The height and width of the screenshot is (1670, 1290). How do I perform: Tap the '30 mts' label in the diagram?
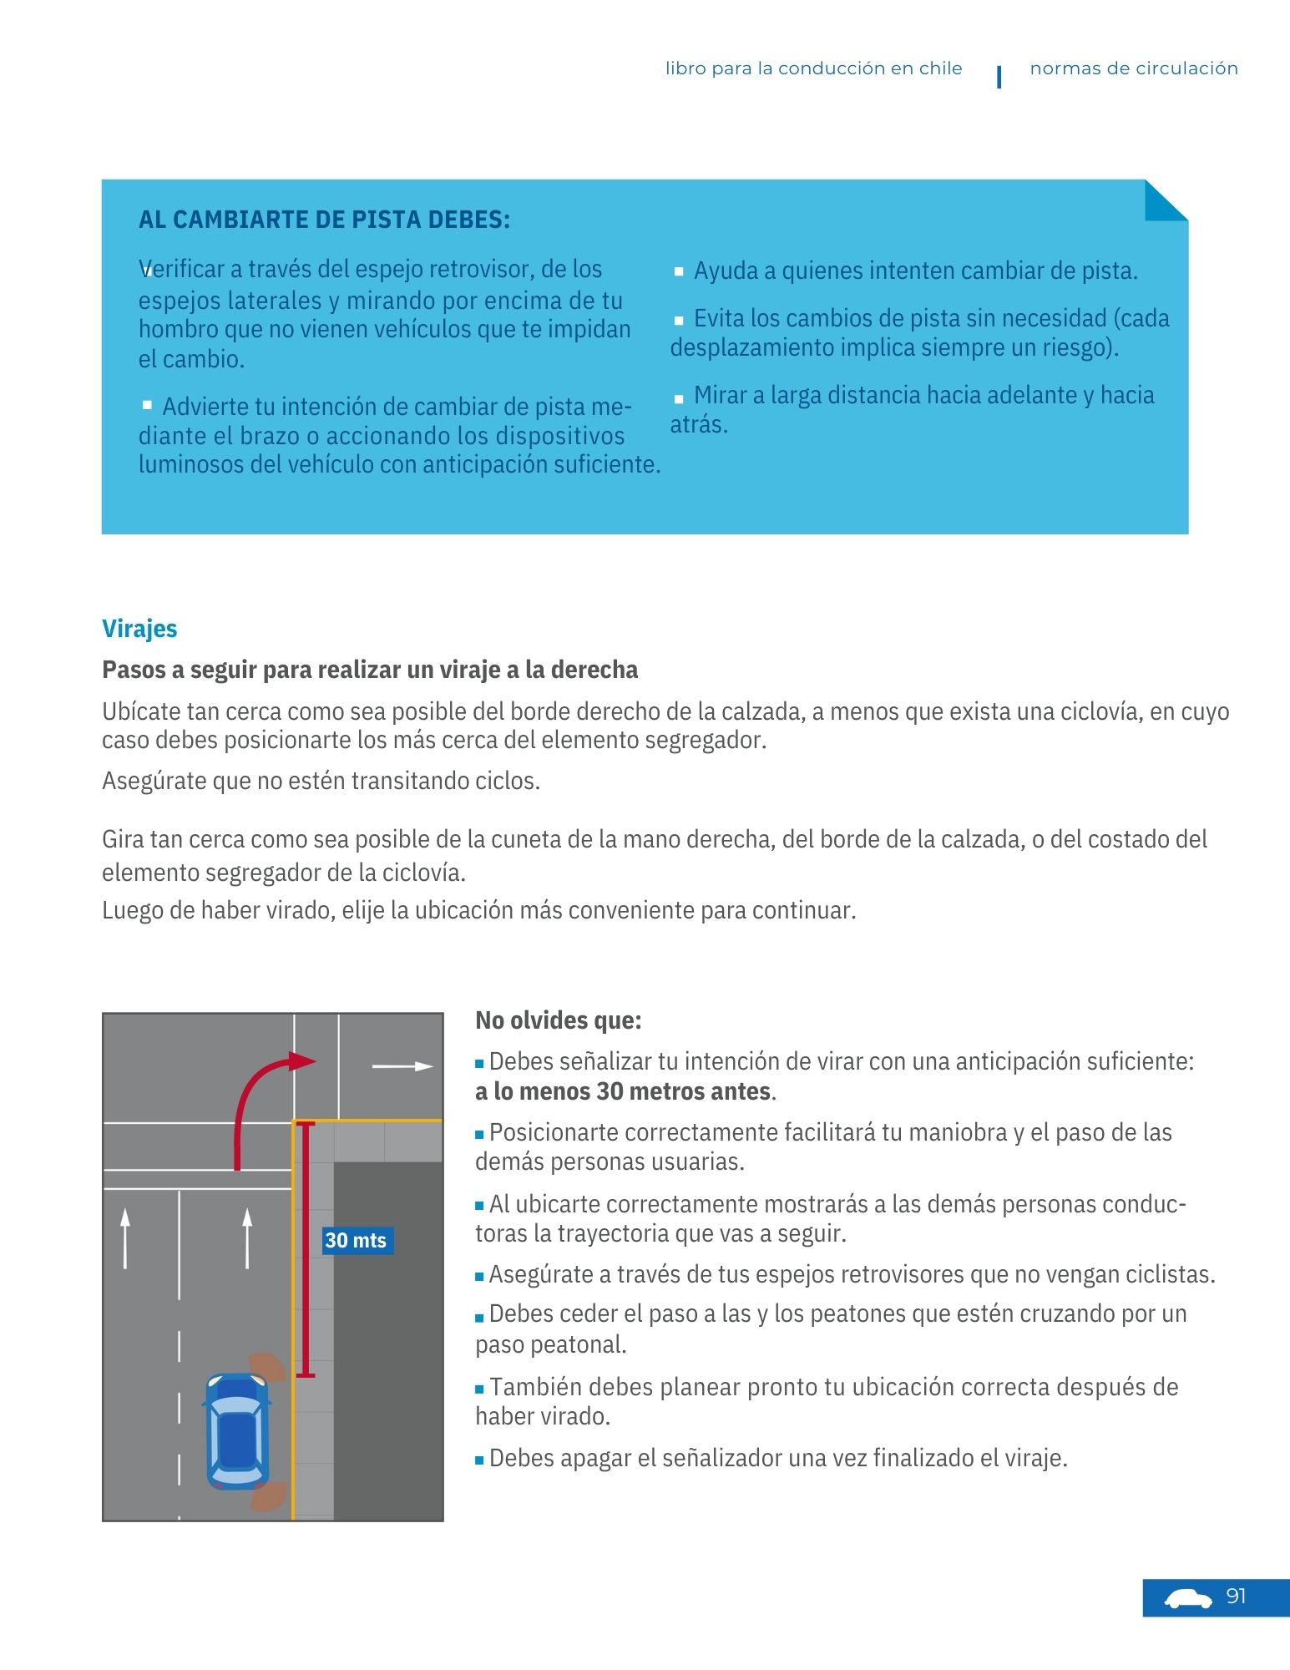[356, 1240]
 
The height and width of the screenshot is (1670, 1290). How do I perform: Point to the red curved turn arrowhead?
[301, 1061]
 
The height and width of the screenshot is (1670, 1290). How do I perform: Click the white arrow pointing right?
[402, 1066]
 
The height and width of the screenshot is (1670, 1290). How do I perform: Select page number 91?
[1236, 1597]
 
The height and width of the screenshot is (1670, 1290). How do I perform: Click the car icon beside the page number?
[1187, 1599]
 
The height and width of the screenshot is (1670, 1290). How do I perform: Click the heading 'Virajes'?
[139, 629]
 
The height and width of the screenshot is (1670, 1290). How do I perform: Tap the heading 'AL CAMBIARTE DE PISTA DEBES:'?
[324, 220]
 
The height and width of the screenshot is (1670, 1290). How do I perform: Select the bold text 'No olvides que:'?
[558, 1020]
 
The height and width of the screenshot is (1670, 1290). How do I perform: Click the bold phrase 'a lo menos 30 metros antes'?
[623, 1091]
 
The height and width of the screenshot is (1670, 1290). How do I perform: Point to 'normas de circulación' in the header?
[1133, 68]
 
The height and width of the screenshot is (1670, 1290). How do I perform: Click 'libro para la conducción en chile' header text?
[813, 68]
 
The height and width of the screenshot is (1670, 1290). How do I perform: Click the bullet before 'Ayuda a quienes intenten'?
[679, 271]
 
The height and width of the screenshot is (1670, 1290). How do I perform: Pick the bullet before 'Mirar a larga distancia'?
[679, 397]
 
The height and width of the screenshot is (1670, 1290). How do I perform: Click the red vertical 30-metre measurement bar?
[306, 1249]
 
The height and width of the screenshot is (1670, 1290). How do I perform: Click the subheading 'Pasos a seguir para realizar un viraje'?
[370, 670]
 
